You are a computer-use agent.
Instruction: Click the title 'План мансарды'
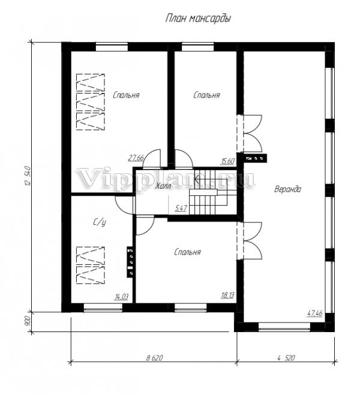point(198,19)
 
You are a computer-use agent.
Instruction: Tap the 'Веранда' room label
point(287,189)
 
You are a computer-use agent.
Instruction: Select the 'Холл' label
point(163,186)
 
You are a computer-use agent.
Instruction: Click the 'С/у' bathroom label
point(100,222)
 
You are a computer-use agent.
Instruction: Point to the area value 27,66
point(136,158)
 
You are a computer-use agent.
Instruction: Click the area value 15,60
point(228,161)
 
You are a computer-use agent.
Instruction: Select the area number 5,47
point(181,209)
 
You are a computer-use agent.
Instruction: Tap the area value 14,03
point(121,297)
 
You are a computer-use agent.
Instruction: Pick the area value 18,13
point(227,296)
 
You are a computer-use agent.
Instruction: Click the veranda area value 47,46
point(315,313)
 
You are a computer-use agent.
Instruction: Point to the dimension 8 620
point(155,358)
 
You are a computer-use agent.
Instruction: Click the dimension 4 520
point(286,358)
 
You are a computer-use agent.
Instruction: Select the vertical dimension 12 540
point(28,176)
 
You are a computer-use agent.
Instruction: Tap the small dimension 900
point(28,321)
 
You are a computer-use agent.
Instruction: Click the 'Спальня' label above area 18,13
point(187,252)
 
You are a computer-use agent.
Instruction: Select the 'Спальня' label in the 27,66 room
point(126,95)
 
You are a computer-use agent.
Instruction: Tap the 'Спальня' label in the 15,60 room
point(207,95)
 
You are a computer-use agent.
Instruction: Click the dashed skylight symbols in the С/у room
point(90,266)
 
